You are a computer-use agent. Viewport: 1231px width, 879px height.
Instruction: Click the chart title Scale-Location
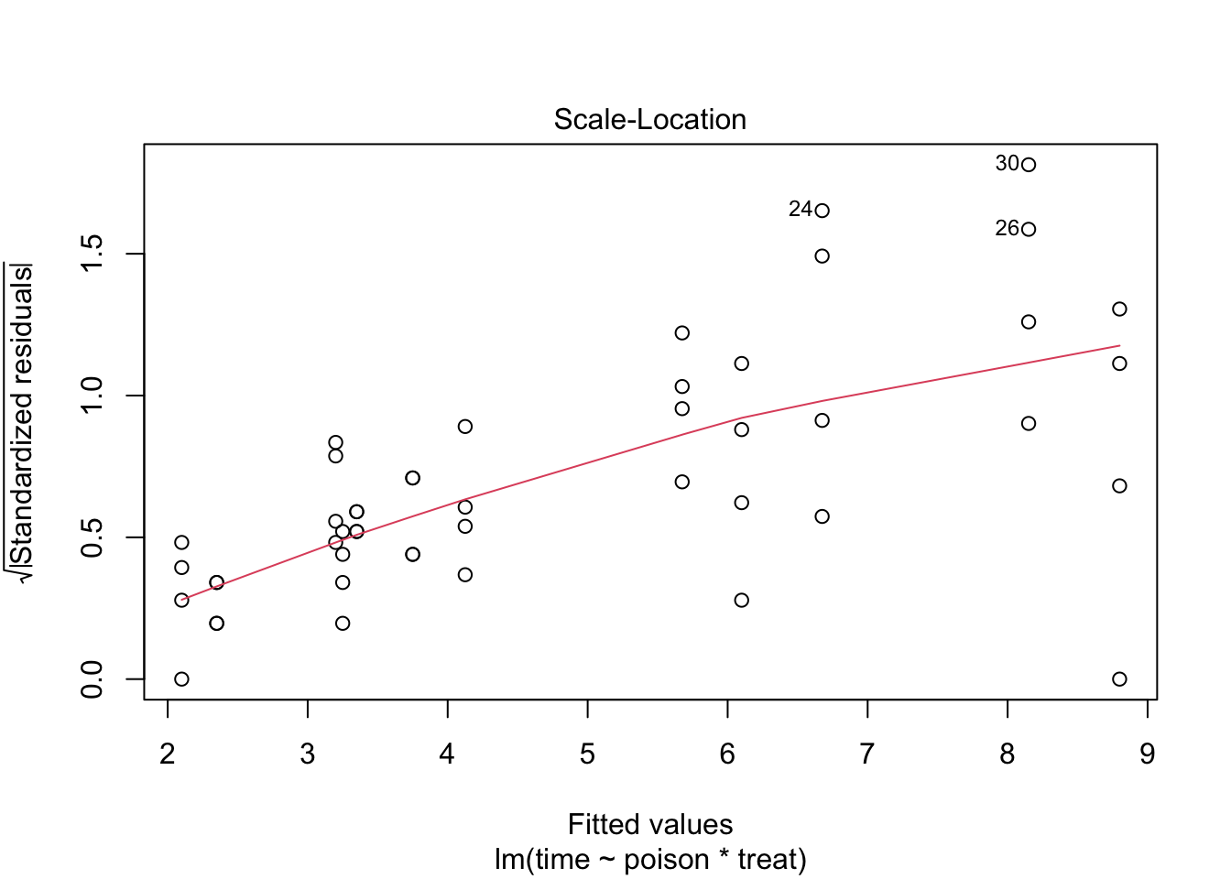[650, 120]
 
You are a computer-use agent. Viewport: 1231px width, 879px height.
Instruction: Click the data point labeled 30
[1029, 165]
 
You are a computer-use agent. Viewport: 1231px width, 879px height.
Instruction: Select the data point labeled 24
[822, 211]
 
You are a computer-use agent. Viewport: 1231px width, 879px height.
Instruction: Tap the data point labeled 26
[1029, 229]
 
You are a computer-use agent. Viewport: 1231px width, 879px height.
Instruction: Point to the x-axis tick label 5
[587, 754]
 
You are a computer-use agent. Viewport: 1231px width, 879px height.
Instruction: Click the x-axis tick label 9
[1147, 754]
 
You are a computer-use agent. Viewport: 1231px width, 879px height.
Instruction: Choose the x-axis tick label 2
[168, 754]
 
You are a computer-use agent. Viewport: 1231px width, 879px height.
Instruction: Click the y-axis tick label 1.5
[93, 254]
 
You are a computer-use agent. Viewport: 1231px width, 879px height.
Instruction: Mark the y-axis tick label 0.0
[93, 678]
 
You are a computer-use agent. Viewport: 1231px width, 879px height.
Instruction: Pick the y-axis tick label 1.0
[93, 396]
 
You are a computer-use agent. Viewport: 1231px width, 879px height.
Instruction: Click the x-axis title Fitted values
[650, 825]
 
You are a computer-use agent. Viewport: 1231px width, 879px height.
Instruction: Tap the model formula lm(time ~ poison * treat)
[650, 860]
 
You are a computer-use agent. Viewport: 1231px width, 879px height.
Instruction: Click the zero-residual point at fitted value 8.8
[1119, 678]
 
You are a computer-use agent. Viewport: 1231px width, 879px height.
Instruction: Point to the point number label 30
[1007, 164]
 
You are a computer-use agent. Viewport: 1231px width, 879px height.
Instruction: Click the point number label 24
[800, 210]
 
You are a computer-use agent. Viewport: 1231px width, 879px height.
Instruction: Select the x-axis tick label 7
[866, 754]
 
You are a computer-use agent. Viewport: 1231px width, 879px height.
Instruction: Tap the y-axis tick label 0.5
[93, 537]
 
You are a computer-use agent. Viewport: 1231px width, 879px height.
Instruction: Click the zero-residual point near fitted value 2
[181, 678]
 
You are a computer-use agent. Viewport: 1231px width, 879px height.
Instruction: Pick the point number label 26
[1007, 229]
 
